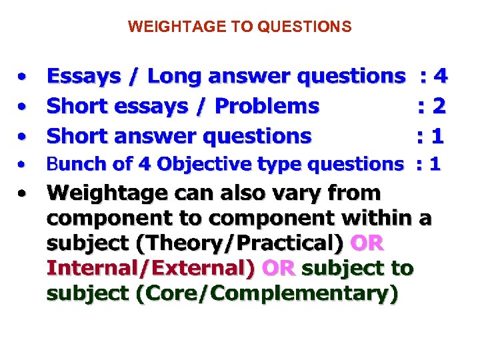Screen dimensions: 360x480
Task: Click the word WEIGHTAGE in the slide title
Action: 161,27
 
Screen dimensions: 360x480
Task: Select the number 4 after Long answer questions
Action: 439,77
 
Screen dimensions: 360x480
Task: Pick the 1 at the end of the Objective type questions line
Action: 435,164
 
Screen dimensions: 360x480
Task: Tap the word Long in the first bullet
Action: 174,77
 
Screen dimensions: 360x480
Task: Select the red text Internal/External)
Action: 151,269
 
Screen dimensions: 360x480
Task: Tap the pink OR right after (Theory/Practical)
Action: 366,243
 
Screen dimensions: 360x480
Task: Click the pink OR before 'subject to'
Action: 279,269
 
